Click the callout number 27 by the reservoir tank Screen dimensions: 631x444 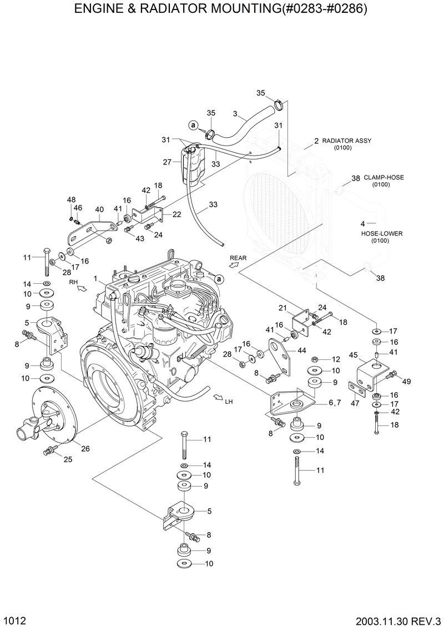point(167,162)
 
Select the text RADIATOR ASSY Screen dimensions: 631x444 point(346,141)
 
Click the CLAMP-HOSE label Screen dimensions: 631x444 point(384,178)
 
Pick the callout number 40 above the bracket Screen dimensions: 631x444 point(99,209)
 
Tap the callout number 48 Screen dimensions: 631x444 point(71,199)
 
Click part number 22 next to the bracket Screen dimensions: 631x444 point(176,214)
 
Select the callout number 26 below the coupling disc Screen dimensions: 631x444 point(85,449)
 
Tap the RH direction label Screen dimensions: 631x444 point(73,283)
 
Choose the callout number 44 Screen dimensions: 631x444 point(301,350)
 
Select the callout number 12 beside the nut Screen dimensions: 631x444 point(335,360)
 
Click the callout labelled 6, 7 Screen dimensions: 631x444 point(334,402)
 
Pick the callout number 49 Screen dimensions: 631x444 point(406,381)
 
